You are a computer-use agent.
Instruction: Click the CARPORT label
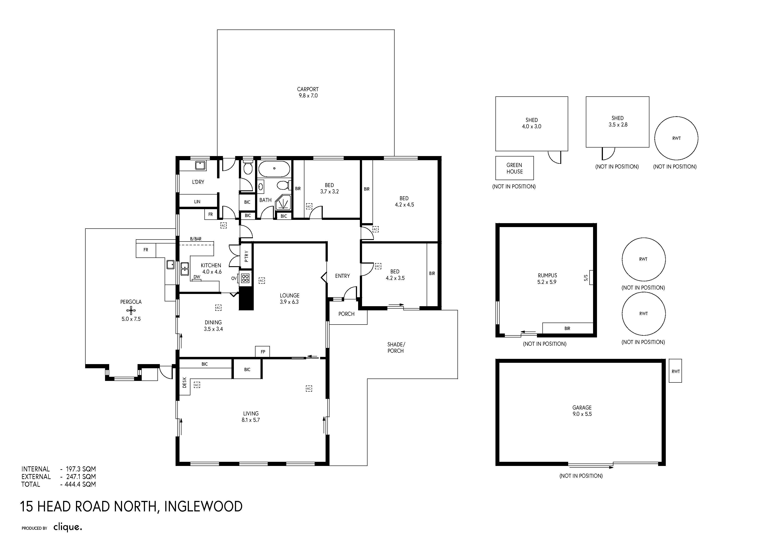308,89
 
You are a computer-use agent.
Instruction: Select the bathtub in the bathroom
274,169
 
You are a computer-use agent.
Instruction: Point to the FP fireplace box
262,352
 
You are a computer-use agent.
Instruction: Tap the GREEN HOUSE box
514,168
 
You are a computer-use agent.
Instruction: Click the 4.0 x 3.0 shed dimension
531,126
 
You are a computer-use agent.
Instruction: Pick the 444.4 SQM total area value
80,484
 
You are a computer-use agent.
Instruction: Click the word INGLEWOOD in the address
203,506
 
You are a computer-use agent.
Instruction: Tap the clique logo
68,527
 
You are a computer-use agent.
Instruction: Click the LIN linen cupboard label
197,202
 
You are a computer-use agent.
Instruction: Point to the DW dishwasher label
197,277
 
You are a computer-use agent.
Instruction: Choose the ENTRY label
342,276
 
